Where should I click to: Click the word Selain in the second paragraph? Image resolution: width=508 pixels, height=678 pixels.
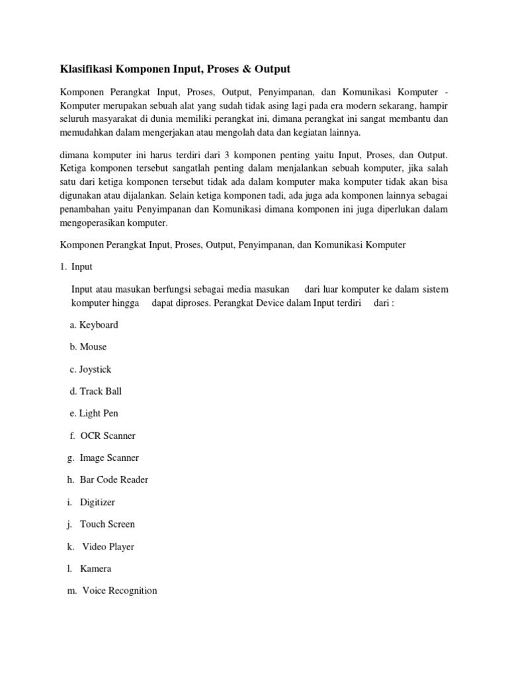pos(188,197)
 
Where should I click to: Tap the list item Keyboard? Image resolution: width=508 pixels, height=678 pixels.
pos(99,324)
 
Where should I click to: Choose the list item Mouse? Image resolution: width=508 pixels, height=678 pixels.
pos(93,347)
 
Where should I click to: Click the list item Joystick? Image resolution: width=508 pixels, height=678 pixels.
pos(95,369)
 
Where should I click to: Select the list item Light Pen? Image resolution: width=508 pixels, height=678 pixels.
pos(99,413)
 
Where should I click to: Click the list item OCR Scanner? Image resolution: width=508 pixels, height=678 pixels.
pos(108,436)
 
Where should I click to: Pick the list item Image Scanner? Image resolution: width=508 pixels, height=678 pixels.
pos(109,458)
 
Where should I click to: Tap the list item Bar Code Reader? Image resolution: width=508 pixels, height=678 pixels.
pos(114,480)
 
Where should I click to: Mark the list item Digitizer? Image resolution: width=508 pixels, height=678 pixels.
pos(98,502)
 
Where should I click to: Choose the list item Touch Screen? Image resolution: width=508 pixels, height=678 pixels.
pos(107,524)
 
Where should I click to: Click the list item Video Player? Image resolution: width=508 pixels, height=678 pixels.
pos(108,547)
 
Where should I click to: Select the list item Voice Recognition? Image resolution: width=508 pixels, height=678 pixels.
pos(120,590)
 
